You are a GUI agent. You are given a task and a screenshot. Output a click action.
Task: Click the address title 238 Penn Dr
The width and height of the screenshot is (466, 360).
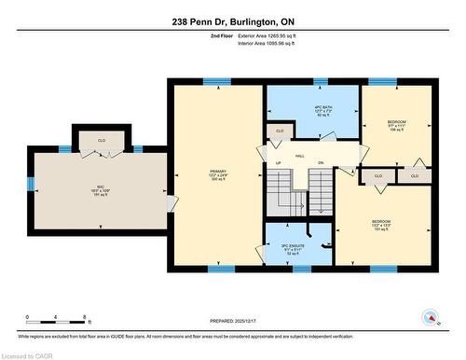tap(232, 21)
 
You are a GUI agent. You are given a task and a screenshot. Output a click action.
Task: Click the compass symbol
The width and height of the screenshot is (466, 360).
tap(432, 316)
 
